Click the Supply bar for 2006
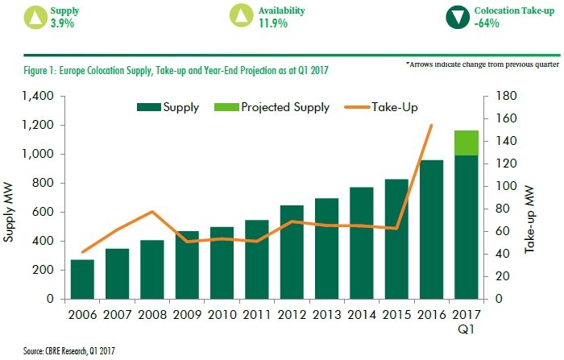[81, 279]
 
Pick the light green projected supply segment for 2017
[465, 143]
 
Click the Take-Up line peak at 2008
[151, 212]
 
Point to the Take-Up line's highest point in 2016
[431, 125]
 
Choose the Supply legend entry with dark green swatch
[169, 107]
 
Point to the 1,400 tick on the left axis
[36, 96]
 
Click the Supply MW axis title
[10, 197]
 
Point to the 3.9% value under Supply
[61, 23]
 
